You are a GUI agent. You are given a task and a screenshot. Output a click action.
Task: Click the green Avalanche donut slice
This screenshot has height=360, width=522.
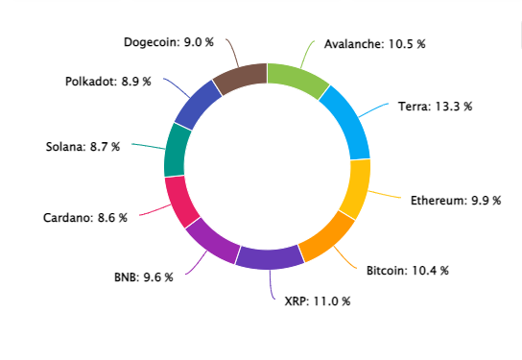coord(297,79)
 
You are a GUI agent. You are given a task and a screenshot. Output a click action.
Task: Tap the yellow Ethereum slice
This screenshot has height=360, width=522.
coord(357,189)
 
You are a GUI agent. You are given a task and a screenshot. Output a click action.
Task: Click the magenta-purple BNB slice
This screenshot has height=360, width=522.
coord(213,242)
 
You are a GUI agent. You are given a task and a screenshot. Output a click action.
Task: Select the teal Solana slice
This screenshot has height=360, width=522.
coord(177,151)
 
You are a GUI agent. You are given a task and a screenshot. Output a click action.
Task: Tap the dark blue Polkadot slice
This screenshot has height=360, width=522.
coord(197,105)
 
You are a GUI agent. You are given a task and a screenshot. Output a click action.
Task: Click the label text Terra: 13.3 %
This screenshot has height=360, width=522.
coord(435,107)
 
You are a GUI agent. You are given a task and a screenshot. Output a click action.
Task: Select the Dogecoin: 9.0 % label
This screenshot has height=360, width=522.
coord(169,42)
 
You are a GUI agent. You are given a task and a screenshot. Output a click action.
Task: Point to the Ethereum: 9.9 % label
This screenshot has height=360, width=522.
coord(456,201)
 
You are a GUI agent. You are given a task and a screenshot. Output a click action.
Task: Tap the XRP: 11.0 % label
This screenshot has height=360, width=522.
coord(318,301)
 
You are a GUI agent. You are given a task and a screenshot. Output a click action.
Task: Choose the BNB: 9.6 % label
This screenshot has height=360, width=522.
coord(144,277)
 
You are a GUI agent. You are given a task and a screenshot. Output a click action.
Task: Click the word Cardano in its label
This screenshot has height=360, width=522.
coord(68,218)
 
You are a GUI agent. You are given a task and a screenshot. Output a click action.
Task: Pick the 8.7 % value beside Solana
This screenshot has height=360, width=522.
coord(105,147)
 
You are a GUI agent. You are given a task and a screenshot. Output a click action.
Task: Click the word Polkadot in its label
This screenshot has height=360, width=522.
coord(91,82)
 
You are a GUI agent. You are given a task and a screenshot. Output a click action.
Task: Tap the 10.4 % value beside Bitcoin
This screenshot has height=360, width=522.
coord(431,271)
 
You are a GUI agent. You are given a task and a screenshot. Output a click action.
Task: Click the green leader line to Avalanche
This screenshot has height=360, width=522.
coord(305,54)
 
